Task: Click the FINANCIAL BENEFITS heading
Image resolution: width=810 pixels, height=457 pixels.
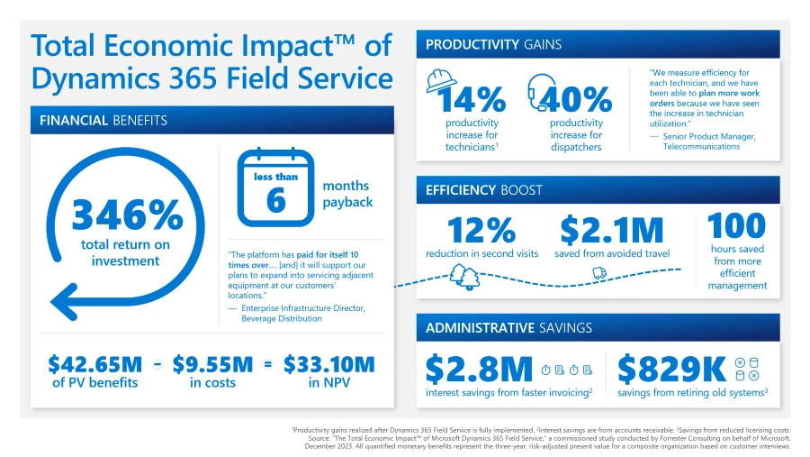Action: pos(103,120)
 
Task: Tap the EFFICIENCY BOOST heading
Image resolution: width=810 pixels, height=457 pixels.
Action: pos(484,190)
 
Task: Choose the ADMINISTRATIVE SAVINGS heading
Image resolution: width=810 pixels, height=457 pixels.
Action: pos(508,327)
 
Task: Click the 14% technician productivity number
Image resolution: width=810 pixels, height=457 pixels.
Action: pos(472,98)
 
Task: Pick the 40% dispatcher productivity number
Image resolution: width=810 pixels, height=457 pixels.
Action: pos(580,98)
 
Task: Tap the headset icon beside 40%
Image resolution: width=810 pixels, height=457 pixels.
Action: pos(542,87)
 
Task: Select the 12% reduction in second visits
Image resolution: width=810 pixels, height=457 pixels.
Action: pos(482,230)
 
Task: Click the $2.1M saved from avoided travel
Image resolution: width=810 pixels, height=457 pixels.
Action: pos(611,230)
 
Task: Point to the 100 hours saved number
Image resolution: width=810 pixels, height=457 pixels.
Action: pos(737,225)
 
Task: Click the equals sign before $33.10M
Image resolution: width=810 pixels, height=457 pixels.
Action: pos(267,364)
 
